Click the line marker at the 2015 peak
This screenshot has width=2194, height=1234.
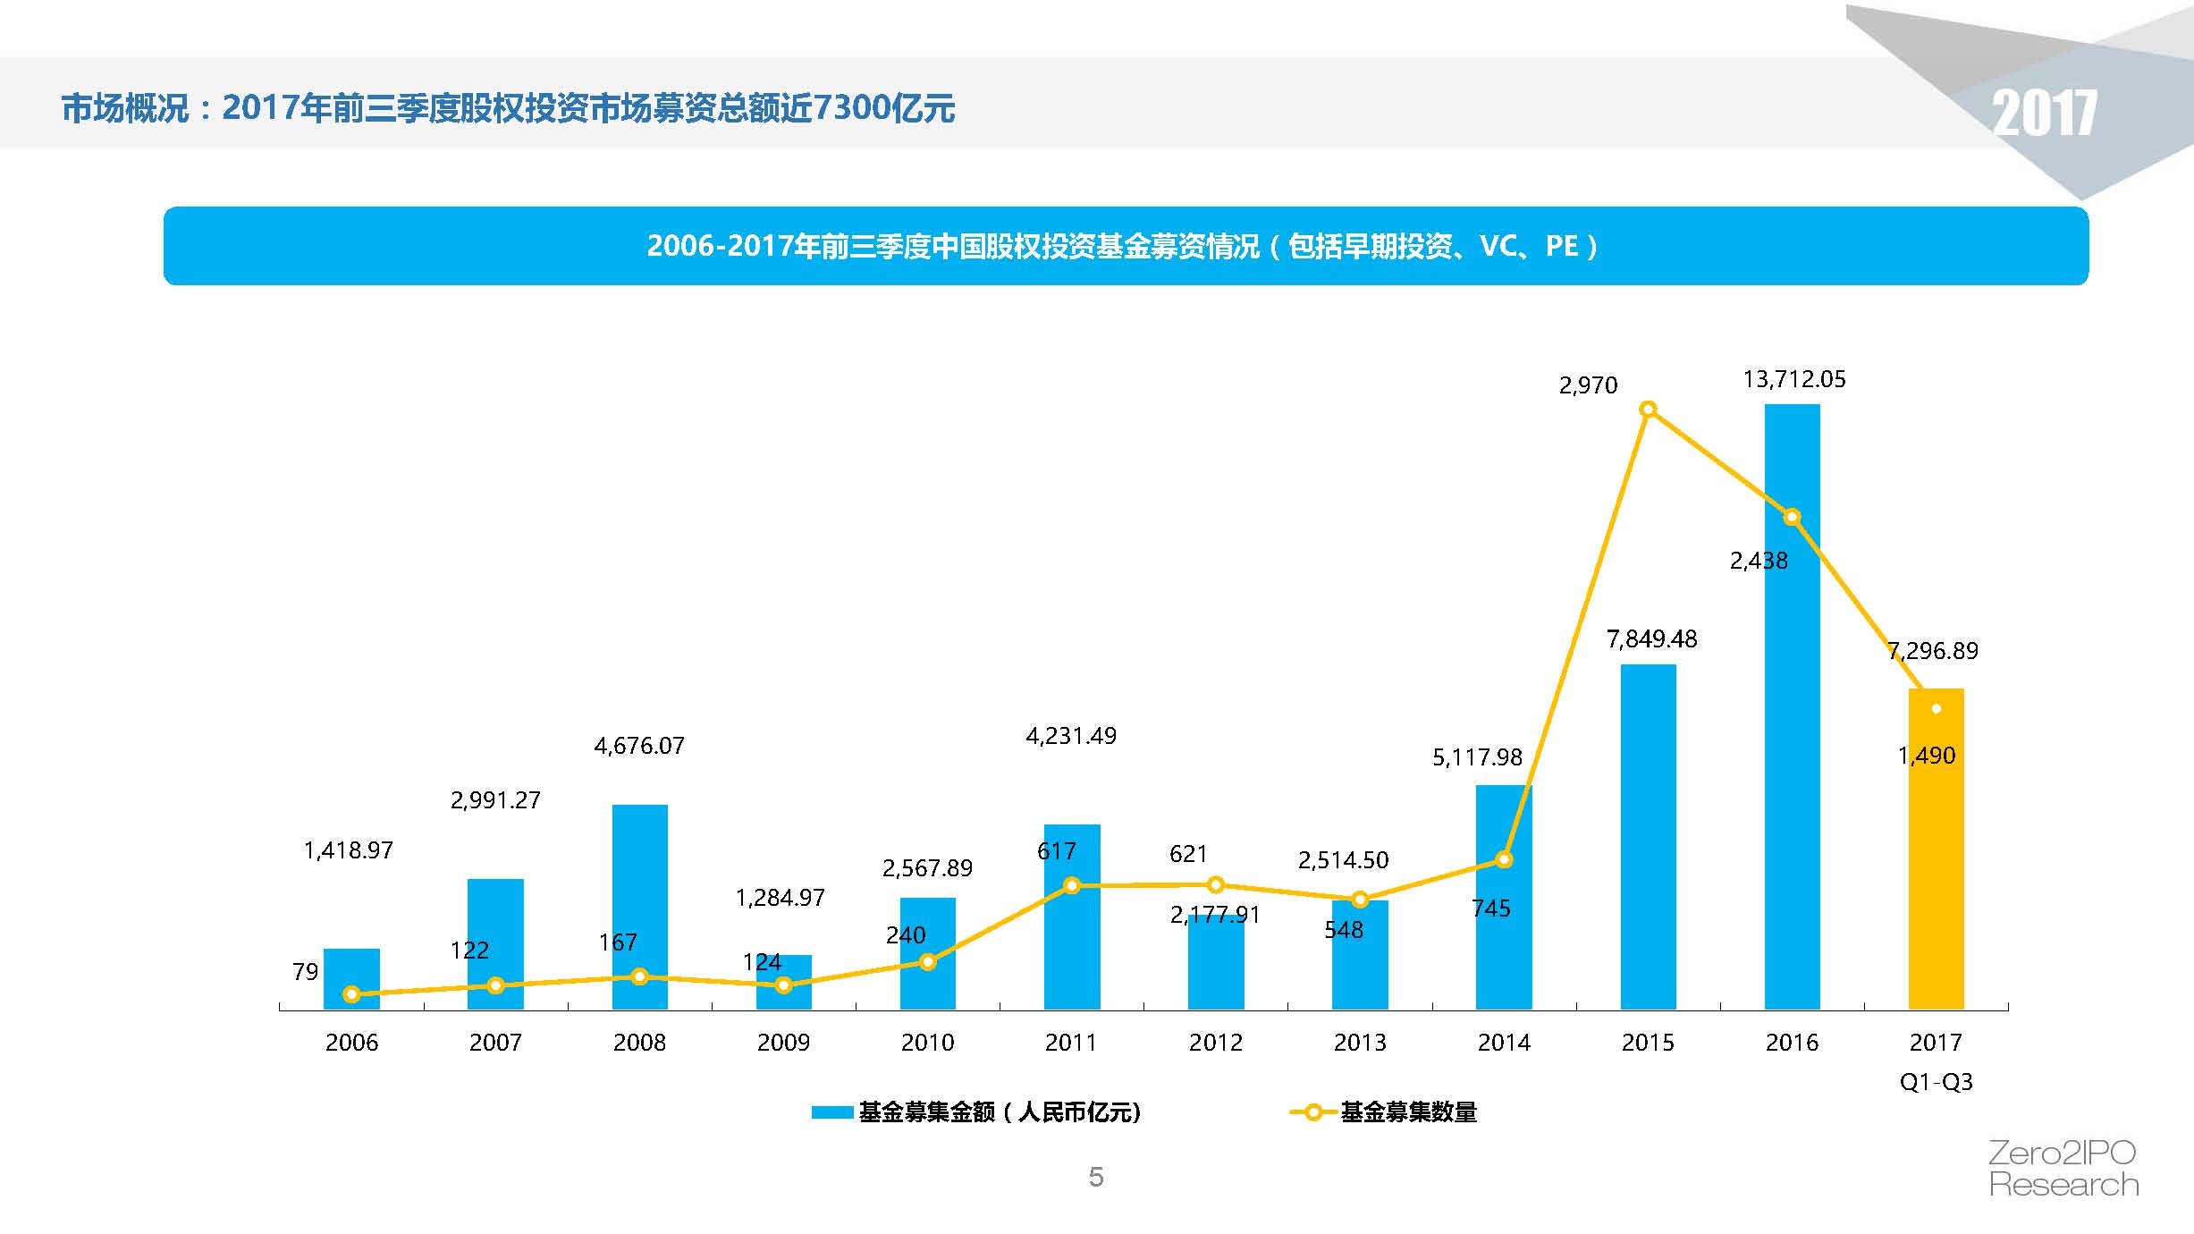[x=1648, y=410]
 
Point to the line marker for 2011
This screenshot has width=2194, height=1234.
[x=1072, y=885]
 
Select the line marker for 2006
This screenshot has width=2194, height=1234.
[x=351, y=994]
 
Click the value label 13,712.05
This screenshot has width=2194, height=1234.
[x=1793, y=379]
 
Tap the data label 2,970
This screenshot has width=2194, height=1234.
[x=1588, y=385]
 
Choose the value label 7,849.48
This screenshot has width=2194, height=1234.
[x=1651, y=639]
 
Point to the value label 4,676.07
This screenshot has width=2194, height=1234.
[x=638, y=746]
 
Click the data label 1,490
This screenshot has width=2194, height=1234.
[x=1927, y=756]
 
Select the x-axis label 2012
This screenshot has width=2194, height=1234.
[x=1215, y=1043]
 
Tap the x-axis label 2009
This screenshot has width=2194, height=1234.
[x=783, y=1043]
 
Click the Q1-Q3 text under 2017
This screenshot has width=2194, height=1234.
[x=1936, y=1082]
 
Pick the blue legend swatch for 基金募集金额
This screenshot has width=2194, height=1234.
[x=831, y=1112]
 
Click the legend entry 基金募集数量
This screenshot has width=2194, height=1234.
[x=1408, y=1112]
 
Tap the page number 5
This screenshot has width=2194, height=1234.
[x=1096, y=1177]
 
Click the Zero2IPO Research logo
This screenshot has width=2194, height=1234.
[x=2063, y=1169]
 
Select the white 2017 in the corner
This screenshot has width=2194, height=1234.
[x=2044, y=114]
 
